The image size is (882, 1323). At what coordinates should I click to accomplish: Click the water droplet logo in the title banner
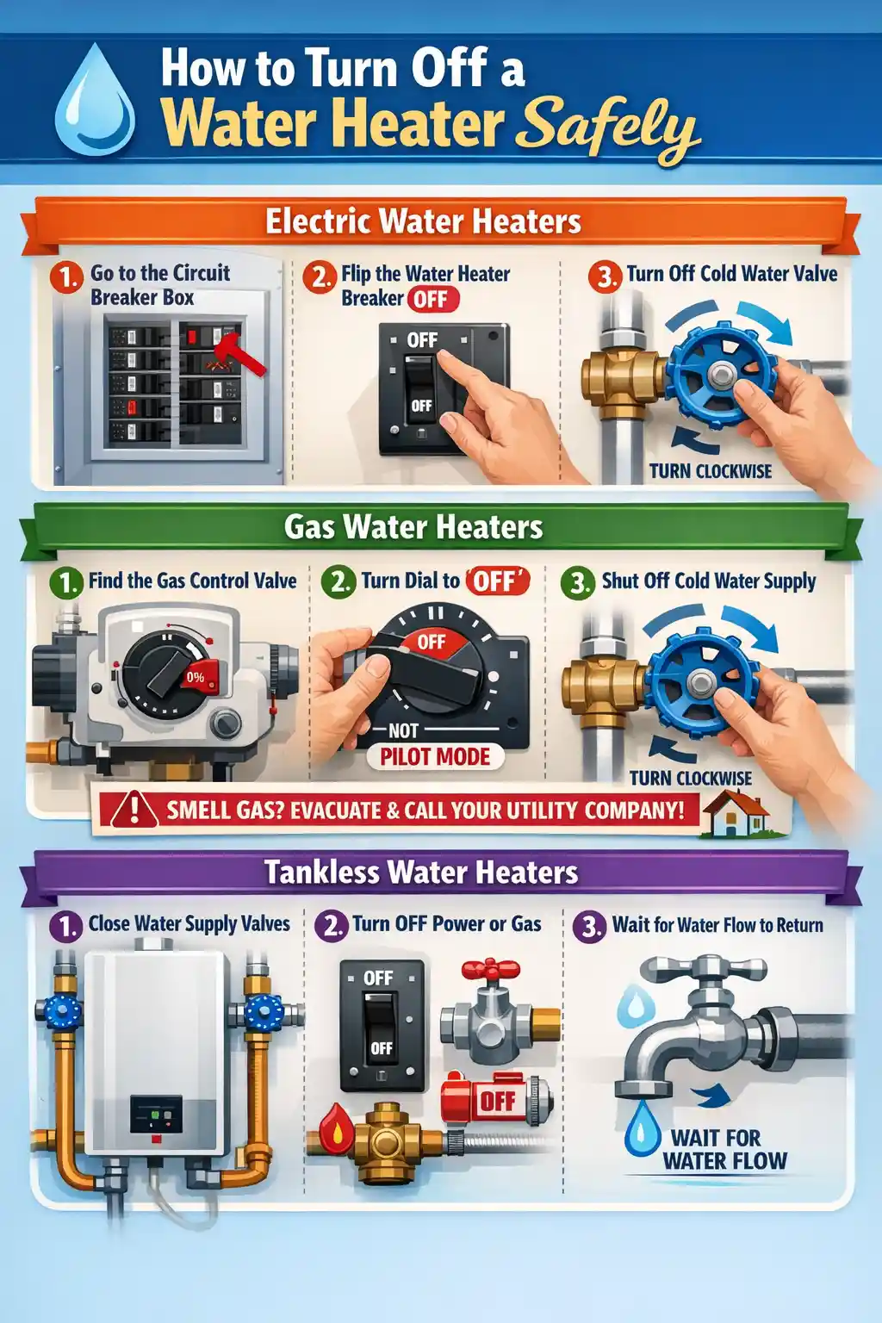[x=95, y=102]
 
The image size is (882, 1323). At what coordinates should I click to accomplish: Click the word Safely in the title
[x=608, y=129]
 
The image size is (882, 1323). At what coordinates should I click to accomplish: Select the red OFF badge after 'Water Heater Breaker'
[x=432, y=300]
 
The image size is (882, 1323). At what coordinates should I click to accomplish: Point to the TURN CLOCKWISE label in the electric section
[x=710, y=471]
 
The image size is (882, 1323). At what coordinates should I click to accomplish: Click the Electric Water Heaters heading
[x=423, y=221]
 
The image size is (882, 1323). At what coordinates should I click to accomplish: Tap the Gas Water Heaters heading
[x=413, y=526]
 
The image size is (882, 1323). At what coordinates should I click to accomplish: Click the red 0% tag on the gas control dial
[x=197, y=677]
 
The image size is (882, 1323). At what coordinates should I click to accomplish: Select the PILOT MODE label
[x=435, y=757]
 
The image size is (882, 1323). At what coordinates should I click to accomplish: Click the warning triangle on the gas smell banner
[x=134, y=810]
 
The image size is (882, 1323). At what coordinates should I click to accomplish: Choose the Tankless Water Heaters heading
[x=421, y=872]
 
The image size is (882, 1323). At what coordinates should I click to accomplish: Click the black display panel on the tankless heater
[x=156, y=1115]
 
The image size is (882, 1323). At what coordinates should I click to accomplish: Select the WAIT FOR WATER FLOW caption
[x=724, y=1150]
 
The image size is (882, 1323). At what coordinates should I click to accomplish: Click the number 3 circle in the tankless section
[x=590, y=927]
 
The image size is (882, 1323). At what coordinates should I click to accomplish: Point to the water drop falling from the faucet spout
[x=641, y=1128]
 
